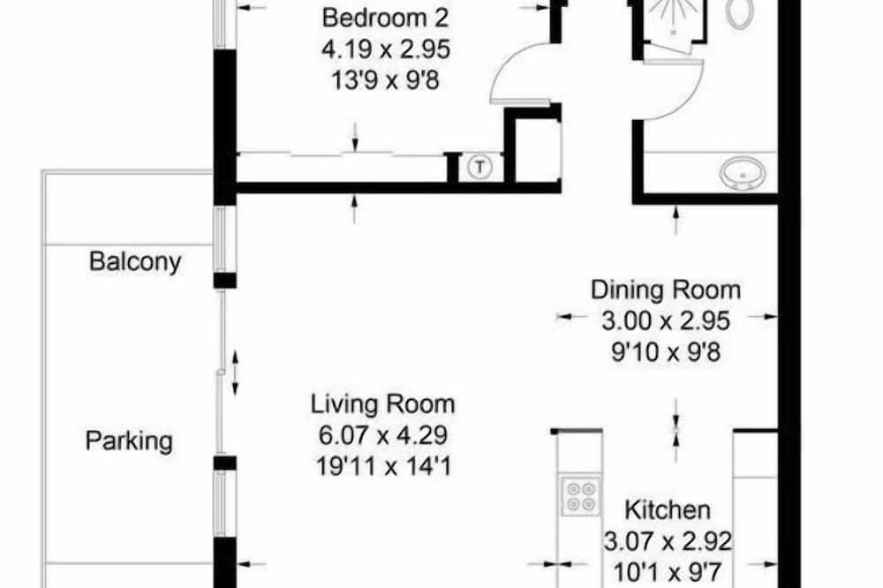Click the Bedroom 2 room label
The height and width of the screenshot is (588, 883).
(x=385, y=18)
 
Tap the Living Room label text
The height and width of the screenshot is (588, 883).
(x=383, y=404)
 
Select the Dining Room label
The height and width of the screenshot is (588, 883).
(x=666, y=290)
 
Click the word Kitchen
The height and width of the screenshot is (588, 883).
(x=668, y=510)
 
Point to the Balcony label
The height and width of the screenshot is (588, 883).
(x=135, y=261)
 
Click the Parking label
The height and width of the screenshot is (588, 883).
(x=129, y=441)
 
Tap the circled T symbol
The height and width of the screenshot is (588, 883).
(x=479, y=167)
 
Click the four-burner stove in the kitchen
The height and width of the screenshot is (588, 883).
(x=580, y=495)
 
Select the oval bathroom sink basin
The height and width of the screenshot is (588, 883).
(x=743, y=172)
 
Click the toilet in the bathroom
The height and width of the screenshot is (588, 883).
(x=738, y=12)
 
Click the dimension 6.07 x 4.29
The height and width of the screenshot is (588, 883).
(x=383, y=435)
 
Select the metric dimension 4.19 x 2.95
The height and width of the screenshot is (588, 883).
(x=386, y=49)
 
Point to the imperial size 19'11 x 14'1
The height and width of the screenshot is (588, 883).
(x=383, y=466)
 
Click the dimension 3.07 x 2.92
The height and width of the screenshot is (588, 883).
(x=668, y=542)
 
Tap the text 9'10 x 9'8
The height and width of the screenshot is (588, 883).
(x=666, y=352)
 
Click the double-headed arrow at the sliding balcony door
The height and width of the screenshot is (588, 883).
(x=236, y=373)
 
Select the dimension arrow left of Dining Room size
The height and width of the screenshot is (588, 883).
(x=571, y=317)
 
